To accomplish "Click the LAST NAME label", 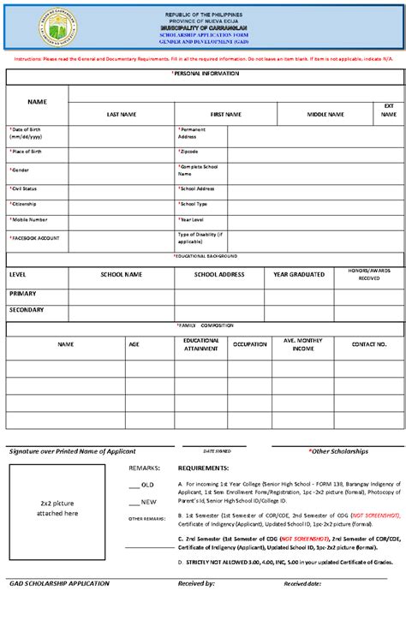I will click(x=122, y=114).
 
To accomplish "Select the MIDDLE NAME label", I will click(x=325, y=114).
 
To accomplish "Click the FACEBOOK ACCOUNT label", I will click(x=36, y=237).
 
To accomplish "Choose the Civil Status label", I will click(x=24, y=188).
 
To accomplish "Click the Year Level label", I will click(x=192, y=219).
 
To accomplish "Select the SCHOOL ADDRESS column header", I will click(x=219, y=275).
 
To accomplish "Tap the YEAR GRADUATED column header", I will click(x=299, y=275).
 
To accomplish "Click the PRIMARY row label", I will click(x=22, y=293).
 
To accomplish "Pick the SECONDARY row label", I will click(x=27, y=309).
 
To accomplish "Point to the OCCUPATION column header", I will click(x=249, y=344).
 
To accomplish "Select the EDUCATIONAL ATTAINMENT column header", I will click(x=200, y=344).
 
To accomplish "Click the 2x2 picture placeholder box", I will click(x=57, y=508).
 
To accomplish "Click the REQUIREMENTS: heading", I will click(x=203, y=468).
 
